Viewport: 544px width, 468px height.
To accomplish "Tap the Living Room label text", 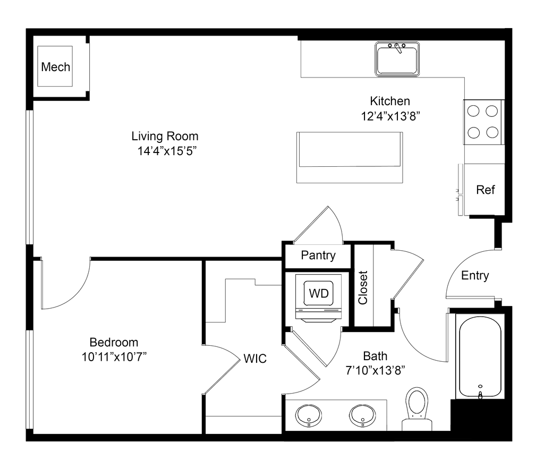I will click(165, 136).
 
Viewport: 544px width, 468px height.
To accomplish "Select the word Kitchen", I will click(390, 101).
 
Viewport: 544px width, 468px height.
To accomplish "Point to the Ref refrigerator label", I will click(486, 190).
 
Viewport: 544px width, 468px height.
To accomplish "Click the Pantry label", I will click(319, 256).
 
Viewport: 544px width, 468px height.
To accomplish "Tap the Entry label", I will click(475, 276).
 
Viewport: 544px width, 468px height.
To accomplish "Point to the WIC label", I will click(255, 359).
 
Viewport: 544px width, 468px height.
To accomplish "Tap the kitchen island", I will click(350, 158).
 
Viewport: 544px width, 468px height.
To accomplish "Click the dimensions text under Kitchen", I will click(390, 116).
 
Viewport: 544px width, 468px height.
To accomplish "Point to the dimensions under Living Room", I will click(167, 152).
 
